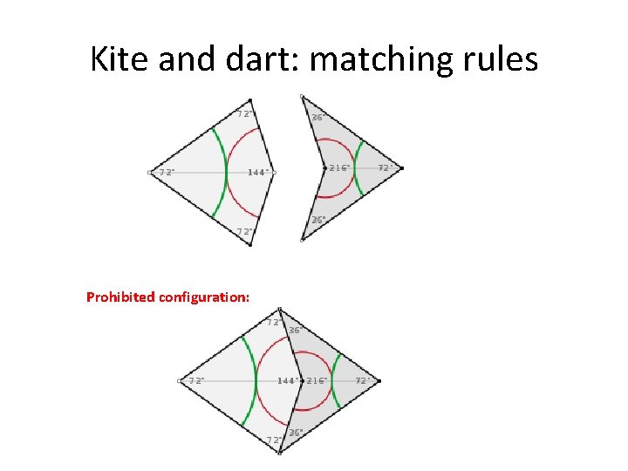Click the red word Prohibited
(x=120, y=297)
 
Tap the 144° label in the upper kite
(x=257, y=172)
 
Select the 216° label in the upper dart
(x=338, y=167)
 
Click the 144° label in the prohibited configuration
(x=287, y=381)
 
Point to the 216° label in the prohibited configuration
(x=316, y=381)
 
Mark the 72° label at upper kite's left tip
(x=166, y=172)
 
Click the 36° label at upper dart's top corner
(x=318, y=116)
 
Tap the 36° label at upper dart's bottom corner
(x=318, y=220)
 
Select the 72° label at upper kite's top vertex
(x=245, y=113)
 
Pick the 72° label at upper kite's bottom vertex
(x=246, y=231)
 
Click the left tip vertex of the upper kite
(x=150, y=173)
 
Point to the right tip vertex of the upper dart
(x=402, y=167)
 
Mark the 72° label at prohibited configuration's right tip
(x=364, y=381)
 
